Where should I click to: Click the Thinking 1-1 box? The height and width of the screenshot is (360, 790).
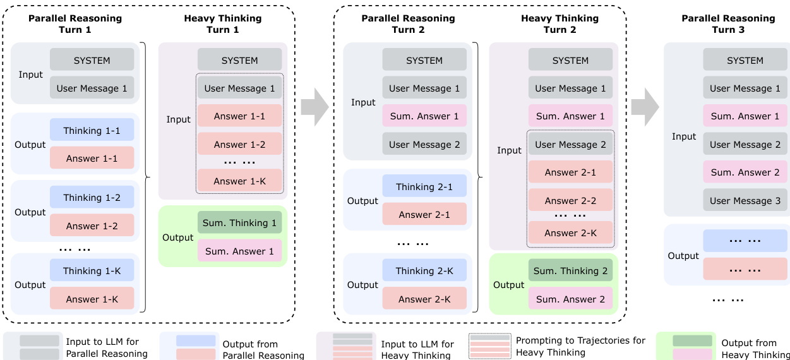pos(92,130)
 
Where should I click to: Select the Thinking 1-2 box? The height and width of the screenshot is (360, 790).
pos(92,197)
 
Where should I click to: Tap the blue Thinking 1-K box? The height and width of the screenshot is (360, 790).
pos(92,270)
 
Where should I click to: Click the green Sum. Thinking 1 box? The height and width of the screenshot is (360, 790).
pos(239,222)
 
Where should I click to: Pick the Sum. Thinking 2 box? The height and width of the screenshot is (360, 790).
pos(570,270)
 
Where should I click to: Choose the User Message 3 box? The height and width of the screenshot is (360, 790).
pos(745,200)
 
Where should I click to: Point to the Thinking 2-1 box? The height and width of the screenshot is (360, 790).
pos(424,186)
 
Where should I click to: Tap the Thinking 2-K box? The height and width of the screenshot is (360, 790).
pos(424,270)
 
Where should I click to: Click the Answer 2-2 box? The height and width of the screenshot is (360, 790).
pos(570,200)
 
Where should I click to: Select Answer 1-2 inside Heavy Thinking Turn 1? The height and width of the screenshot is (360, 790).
pos(239,144)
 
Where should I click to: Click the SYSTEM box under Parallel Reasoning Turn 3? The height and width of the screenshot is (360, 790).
pos(745,60)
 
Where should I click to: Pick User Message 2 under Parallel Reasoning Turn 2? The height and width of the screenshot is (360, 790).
pos(424,144)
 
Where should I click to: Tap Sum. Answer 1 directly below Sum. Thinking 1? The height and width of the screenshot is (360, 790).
pos(239,251)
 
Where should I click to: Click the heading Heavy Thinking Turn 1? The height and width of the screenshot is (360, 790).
pos(222,24)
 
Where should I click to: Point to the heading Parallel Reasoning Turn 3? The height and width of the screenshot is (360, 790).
pos(728,24)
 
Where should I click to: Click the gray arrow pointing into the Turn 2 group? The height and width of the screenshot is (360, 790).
pos(314,108)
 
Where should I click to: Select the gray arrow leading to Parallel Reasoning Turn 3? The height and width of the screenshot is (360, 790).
pos(645,108)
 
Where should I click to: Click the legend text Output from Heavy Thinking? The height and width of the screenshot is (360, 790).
pos(755,349)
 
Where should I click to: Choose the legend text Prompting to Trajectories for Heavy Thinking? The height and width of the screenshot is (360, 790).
pos(580,346)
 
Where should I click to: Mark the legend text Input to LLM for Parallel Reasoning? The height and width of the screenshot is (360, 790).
pos(107,348)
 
